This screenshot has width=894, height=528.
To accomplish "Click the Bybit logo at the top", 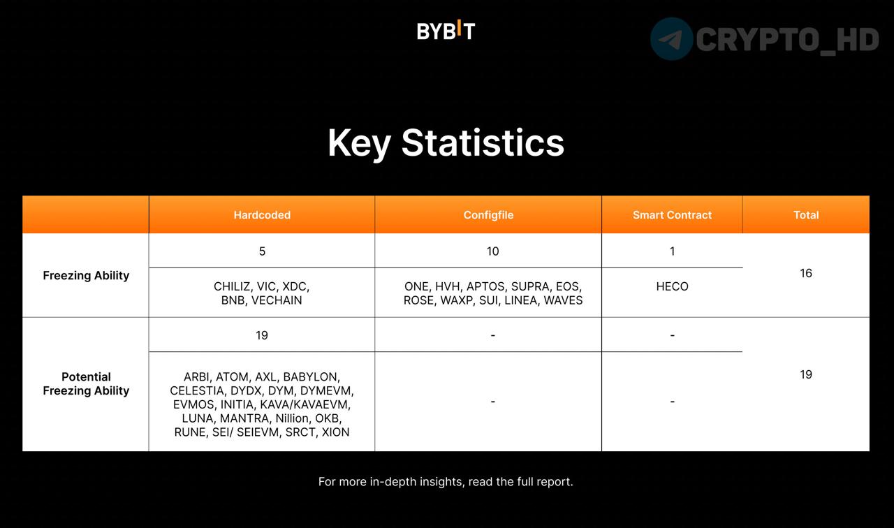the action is (x=446, y=30).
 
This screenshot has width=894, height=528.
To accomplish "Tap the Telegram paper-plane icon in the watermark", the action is (x=671, y=38).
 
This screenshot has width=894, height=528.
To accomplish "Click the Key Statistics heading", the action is (x=446, y=144).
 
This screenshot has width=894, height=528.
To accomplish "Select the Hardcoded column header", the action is (x=262, y=215).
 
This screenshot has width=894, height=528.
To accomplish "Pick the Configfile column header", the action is (x=488, y=215).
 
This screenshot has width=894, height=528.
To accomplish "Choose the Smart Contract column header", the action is (x=672, y=215).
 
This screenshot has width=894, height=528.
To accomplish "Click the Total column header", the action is (x=806, y=215).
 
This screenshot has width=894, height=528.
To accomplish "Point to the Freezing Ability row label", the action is (x=86, y=275).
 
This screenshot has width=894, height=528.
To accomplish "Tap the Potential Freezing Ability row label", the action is (x=86, y=383).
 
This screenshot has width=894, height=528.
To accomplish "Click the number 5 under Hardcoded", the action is (x=262, y=251).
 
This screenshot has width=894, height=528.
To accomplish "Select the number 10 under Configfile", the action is (x=492, y=251).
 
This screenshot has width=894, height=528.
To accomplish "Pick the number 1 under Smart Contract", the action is (x=672, y=251).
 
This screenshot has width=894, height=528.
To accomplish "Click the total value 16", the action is (x=806, y=273).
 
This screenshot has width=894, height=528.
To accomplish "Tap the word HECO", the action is (x=672, y=286).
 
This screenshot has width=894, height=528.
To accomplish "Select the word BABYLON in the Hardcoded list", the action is (x=312, y=376).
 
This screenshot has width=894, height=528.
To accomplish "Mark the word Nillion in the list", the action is (x=292, y=418).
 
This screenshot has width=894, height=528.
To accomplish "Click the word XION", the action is (x=336, y=432).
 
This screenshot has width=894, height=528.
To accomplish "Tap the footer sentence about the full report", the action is (x=446, y=482).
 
